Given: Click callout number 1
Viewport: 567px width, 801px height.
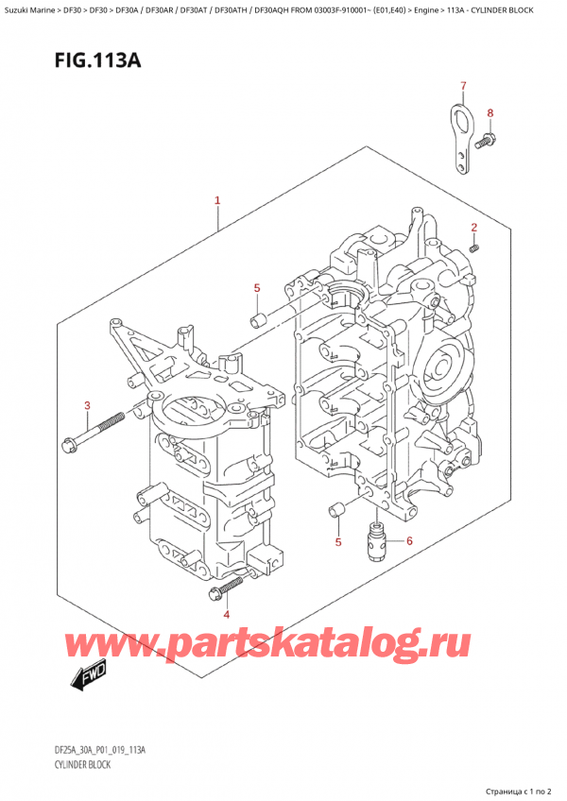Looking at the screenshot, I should coord(217,200).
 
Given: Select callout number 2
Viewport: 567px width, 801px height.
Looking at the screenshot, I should coord(474,227).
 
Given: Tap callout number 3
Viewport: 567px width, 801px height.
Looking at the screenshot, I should coord(86,406).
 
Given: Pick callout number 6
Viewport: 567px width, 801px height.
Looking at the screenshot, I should coord(410,541).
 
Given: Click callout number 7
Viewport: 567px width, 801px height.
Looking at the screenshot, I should coord(463,88).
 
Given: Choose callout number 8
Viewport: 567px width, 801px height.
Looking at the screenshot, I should coord(490,114).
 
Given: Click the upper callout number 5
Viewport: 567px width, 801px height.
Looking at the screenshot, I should coord(255,287).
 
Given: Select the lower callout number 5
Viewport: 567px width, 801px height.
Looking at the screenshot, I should coord(337,541).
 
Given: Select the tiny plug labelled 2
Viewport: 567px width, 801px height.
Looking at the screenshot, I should coord(475,247).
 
